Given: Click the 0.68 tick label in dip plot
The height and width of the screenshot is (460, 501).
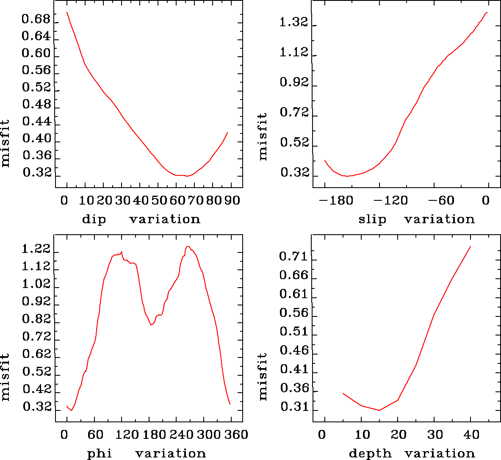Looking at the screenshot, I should tap(36, 20).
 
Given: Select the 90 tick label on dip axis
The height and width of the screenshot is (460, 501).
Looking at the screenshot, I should tap(232, 200).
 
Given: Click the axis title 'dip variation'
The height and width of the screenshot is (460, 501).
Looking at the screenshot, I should tap(141, 219).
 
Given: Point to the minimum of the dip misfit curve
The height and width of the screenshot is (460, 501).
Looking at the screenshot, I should tap(187, 176).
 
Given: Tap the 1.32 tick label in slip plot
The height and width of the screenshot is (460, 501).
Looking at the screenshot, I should tap(293, 22).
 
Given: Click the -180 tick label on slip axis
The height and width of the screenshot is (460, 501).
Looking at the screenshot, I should tap(332, 200).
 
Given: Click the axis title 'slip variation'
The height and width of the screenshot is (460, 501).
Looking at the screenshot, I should tap(416, 219).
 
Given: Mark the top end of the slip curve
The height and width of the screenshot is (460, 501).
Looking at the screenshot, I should tap(487, 12).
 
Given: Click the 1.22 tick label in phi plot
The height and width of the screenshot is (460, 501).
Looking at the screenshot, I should tap(36, 249).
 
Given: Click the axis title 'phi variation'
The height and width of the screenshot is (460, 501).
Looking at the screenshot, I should tap(147, 454).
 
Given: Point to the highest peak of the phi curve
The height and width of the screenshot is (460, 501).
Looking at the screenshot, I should tap(188, 247).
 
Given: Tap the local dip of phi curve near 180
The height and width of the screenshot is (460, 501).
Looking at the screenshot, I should tap(151, 325).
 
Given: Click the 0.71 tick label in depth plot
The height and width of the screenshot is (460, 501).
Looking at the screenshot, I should tap(293, 256).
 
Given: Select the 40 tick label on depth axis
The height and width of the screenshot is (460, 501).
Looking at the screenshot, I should tap(471, 435).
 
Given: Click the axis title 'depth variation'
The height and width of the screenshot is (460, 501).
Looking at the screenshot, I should tap(412, 454).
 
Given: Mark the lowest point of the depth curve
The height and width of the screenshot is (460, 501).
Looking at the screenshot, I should tap(379, 410).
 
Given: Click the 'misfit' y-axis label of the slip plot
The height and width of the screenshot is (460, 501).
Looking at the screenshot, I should tap(263, 136).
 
